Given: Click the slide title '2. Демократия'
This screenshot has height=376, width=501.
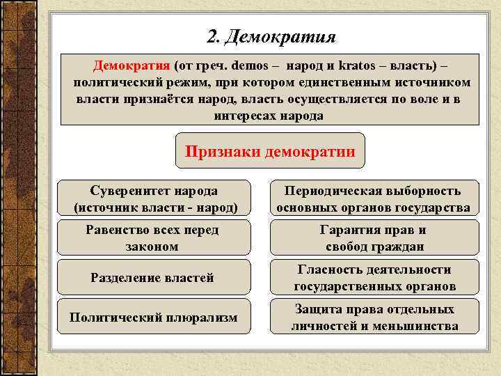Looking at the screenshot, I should pos(271,36).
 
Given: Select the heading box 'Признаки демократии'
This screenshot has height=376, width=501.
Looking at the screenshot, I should pos(270,151).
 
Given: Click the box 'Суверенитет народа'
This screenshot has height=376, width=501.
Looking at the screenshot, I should pos(154,198).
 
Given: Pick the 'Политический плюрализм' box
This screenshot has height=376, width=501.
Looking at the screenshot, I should pos(153,317).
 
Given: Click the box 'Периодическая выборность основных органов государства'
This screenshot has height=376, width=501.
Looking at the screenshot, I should pos(373,198).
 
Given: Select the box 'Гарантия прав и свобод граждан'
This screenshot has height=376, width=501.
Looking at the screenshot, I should pos(373,237).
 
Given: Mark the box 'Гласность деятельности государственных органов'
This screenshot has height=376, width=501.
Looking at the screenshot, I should pos(374,278).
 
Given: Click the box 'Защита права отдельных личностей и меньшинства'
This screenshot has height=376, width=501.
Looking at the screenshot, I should pos(374,317).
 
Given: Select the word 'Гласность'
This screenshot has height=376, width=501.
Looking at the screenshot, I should pos(328,269).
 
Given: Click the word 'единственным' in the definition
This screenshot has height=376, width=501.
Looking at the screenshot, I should pos(335,83).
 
